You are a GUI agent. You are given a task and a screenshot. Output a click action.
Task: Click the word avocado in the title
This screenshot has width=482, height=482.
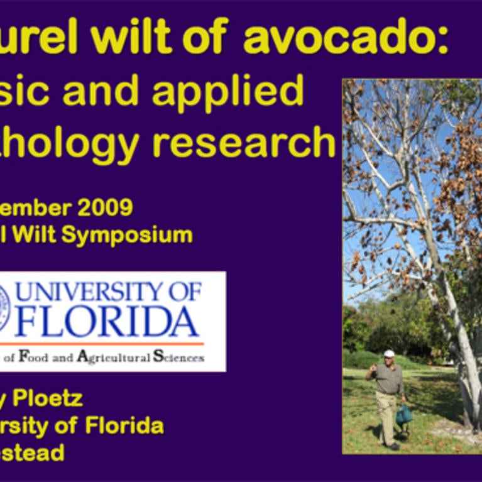[345, 40]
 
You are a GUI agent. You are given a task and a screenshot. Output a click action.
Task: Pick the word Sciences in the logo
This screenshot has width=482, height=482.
[178, 357]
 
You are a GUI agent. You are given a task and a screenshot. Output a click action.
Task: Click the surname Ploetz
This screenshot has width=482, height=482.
[48, 398]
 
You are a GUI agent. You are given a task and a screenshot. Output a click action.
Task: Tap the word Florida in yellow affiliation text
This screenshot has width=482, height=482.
[125, 425]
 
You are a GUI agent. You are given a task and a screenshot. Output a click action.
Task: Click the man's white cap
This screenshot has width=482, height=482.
[389, 353]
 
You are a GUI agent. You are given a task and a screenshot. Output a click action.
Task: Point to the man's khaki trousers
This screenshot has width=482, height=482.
[386, 415]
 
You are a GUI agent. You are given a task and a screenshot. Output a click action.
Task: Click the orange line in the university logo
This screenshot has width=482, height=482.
[101, 344]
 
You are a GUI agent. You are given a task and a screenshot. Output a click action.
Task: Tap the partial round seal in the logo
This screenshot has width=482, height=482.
[5, 308]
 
